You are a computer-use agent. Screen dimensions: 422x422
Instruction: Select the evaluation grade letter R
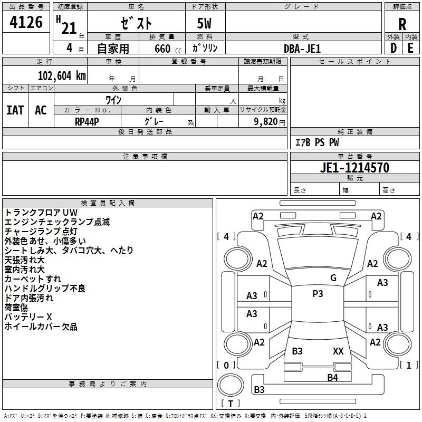click(x=402, y=24)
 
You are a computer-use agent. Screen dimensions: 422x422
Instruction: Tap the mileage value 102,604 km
click(x=62, y=75)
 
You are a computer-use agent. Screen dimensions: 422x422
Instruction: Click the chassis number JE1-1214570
click(x=355, y=168)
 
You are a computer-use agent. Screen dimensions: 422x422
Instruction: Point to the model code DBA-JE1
click(x=302, y=48)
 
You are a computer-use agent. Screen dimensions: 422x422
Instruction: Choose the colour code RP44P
click(x=88, y=121)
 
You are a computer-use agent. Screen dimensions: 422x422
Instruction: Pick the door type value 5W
click(x=205, y=24)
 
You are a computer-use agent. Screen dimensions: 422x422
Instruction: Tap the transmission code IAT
click(x=15, y=110)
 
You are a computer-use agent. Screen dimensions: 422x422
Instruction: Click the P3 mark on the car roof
click(x=318, y=294)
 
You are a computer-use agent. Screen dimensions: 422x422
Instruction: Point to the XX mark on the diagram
click(x=338, y=351)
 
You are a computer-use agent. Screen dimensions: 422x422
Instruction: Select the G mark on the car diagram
click(x=333, y=278)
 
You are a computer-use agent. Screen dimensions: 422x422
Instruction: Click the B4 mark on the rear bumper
click(x=332, y=377)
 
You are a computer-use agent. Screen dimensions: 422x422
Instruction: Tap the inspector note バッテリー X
click(x=28, y=317)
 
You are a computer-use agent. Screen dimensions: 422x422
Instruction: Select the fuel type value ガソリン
click(x=205, y=48)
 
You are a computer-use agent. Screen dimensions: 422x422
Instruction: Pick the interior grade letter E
click(x=410, y=48)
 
